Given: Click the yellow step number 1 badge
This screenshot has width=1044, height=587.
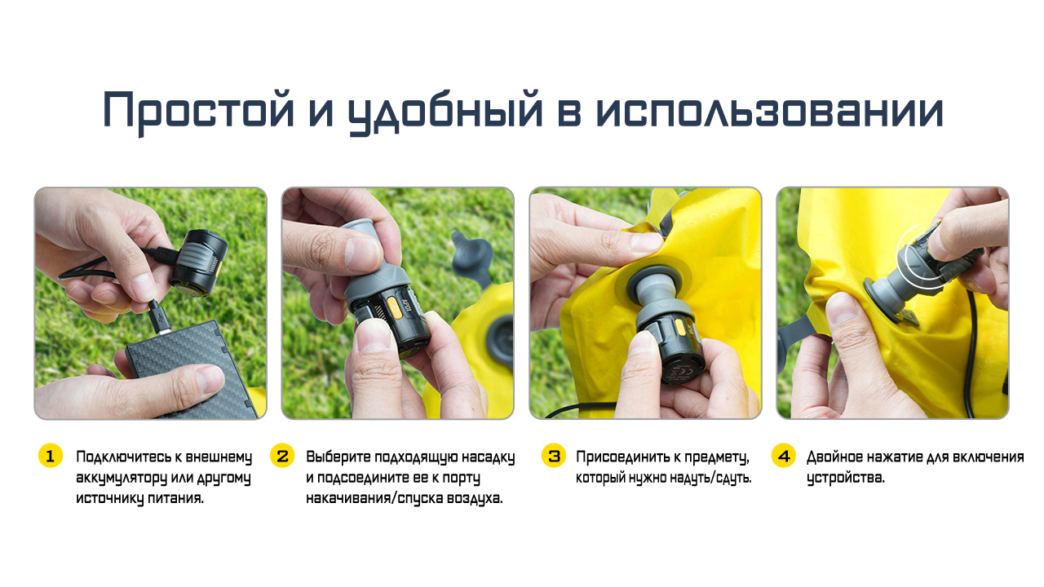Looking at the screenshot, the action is [51, 456].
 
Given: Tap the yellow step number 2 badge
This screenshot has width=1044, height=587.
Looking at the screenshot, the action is [282, 456].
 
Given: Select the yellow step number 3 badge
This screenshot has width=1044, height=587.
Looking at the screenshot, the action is [554, 456].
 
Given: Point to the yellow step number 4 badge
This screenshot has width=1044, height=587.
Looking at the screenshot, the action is [784, 456].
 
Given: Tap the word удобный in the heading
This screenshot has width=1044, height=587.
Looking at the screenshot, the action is [445, 112].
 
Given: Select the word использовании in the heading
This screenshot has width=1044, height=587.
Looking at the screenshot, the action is [769, 110].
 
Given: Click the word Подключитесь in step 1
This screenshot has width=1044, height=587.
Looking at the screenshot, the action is [123, 457].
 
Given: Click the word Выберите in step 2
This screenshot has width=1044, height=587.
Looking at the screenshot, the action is [338, 457].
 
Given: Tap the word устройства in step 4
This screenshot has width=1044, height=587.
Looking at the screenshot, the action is [845, 479].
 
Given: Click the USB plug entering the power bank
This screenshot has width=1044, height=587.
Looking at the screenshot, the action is [159, 318].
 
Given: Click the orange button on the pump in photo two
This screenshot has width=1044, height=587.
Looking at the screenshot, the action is [395, 308].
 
